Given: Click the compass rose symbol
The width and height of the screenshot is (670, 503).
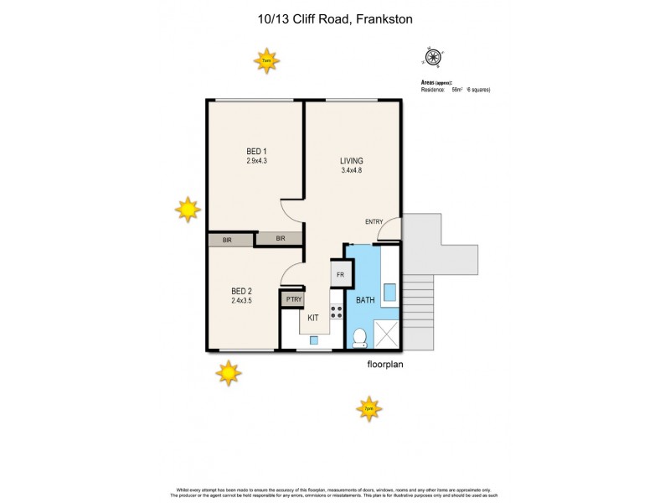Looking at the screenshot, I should point(433,57).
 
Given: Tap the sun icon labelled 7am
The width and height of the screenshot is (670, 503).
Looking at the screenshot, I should point(267,60).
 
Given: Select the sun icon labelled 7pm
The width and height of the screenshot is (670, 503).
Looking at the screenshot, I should point(368,409).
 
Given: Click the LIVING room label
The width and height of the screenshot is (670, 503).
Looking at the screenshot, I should point(351,161).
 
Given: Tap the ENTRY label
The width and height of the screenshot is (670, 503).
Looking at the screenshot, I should point(374,221).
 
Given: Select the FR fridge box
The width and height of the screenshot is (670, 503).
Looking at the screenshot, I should point(341,274).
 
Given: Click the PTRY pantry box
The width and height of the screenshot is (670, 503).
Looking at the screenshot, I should point(293,299).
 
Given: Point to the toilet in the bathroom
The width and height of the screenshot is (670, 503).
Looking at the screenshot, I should point(360,338).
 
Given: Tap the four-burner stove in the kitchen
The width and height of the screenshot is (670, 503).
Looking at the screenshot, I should point(337,311).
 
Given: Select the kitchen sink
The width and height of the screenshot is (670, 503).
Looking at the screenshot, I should point(313,340).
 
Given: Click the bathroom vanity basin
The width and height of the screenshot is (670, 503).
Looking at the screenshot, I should point(389,292).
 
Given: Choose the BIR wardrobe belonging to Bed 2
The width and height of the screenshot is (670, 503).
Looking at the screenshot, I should point(227,240).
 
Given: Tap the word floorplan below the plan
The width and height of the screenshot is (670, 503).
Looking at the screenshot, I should point(386,365).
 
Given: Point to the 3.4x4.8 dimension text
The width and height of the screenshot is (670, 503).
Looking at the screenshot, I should point(351,171).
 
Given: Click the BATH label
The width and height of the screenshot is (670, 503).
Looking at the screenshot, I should point(365,299).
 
